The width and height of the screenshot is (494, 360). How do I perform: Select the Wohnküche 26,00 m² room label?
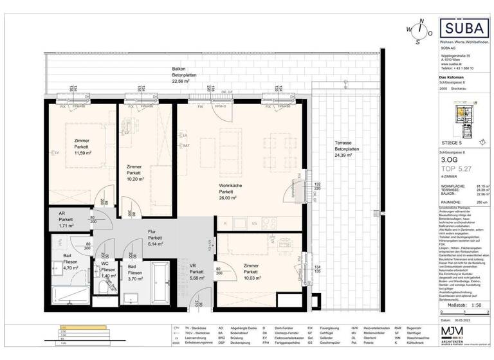(226, 192)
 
